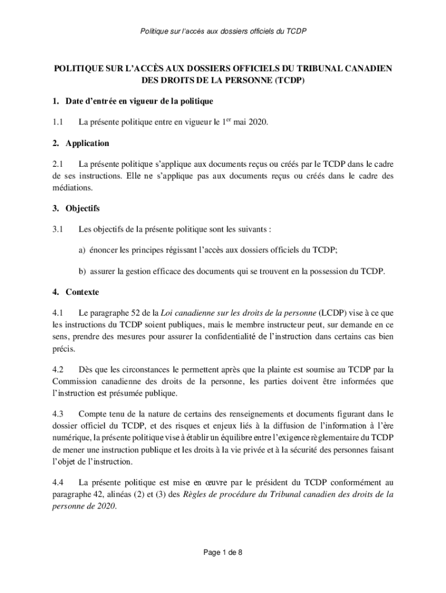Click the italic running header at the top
pos(223,30)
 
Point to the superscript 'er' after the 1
pos(228,120)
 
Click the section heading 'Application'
pos(87,143)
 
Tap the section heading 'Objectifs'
pos(83,208)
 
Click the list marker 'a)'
pos(83,250)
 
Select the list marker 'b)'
pos(83,271)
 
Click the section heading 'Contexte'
pos(82,292)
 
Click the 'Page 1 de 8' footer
pos(223,552)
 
